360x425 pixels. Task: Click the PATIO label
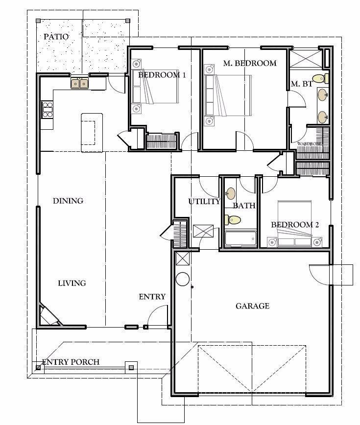pyautogui.click(x=56, y=37)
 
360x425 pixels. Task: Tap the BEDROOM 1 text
pyautogui.click(x=162, y=75)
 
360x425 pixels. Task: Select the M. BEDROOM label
pyautogui.click(x=249, y=63)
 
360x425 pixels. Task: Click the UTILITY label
pyautogui.click(x=204, y=201)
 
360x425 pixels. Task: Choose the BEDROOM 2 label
pyautogui.click(x=295, y=225)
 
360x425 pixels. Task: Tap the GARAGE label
pyautogui.click(x=252, y=306)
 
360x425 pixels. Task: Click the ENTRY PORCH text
pyautogui.click(x=71, y=362)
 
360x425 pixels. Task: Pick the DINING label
pyautogui.click(x=68, y=201)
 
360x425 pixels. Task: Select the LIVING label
pyautogui.click(x=72, y=283)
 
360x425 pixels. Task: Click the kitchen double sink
pyautogui.click(x=79, y=84)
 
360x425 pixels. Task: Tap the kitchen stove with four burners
pyautogui.click(x=47, y=109)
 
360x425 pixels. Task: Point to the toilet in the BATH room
pyautogui.click(x=234, y=220)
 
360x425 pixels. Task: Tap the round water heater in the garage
pyautogui.click(x=182, y=279)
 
